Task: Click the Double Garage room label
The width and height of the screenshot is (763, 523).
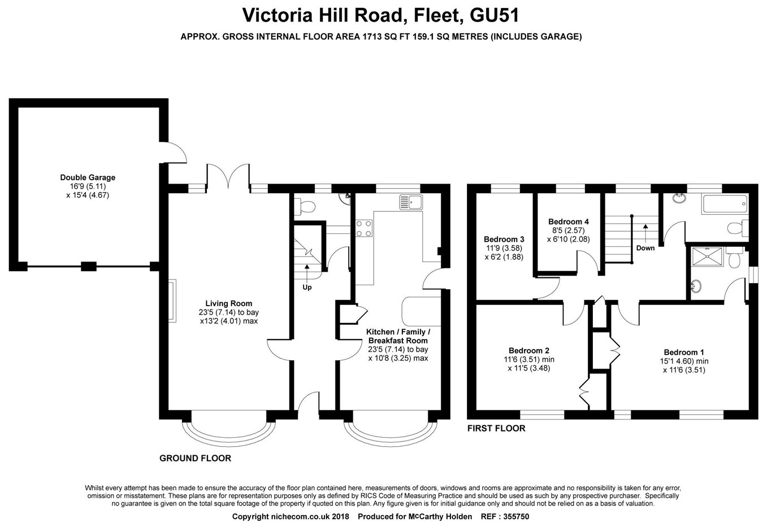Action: point(88,177)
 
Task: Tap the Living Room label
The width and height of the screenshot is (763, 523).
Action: point(228,303)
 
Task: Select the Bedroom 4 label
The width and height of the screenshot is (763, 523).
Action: point(569,221)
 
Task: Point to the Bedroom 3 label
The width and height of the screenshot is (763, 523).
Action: point(504,239)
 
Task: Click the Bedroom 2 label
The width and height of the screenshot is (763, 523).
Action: point(529,351)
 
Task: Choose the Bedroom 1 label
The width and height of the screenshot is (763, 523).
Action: point(684,352)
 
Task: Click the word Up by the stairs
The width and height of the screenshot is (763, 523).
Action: point(307,287)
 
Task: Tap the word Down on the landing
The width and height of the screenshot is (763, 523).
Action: point(645,248)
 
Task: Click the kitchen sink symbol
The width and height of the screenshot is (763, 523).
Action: point(411,202)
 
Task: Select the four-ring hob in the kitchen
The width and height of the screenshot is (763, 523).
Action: point(364,229)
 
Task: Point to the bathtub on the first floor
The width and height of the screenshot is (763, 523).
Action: point(725,204)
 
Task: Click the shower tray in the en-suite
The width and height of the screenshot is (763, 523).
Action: point(707,257)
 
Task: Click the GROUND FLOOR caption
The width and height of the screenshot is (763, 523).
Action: point(195,458)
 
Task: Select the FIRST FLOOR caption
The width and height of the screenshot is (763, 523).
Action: point(496,428)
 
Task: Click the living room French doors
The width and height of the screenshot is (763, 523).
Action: point(228,176)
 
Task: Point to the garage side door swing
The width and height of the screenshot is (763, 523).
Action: point(173,152)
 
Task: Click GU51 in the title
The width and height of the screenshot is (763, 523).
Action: point(494,15)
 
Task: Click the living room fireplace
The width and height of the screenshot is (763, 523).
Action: point(172,300)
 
